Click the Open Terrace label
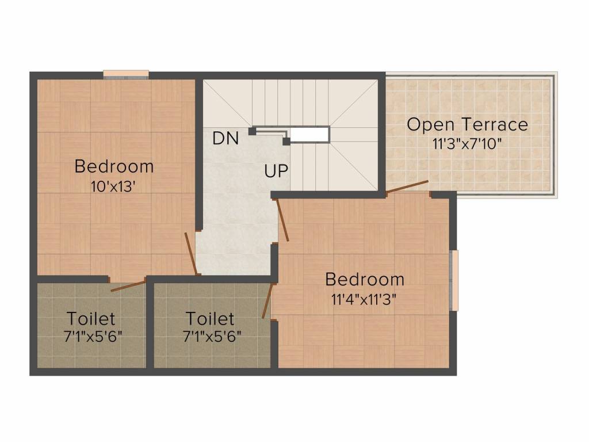pos(467,124)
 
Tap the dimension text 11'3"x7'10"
pos(467,143)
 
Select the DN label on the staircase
pos(225,138)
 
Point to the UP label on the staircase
pos(277,170)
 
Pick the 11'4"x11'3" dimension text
pos(364,299)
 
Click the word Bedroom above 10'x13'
pos(114,167)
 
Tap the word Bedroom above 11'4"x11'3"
pos(364,280)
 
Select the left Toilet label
pos(91,318)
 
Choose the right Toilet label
pos(209,318)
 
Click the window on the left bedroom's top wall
pos(126,74)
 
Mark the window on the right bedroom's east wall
pos(454,280)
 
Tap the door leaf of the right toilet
pos(266,301)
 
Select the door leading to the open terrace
pos(407,186)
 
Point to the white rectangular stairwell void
pos(309,134)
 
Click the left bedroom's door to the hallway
pos(191,254)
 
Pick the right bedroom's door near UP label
pos(282,220)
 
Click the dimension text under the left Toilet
pos(91,336)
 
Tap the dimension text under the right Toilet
pos(209,336)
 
